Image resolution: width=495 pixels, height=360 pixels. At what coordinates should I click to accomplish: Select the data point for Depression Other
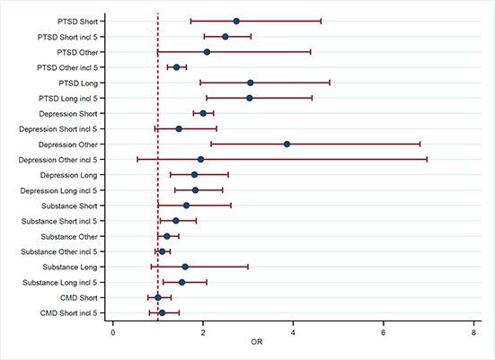[x=287, y=144]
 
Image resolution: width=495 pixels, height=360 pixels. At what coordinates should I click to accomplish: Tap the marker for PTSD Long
[x=251, y=83]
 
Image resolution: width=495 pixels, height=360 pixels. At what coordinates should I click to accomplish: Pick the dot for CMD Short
[x=158, y=297]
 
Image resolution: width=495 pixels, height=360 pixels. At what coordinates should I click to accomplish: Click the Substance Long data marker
[x=185, y=267]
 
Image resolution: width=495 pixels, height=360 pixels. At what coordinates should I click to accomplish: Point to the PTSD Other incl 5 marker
[x=176, y=67]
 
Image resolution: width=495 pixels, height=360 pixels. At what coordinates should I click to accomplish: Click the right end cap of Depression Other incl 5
[x=427, y=159]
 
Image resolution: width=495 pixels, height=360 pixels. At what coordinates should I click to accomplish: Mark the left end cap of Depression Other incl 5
[x=137, y=159]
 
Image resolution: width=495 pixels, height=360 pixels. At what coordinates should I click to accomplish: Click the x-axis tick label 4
[x=293, y=332]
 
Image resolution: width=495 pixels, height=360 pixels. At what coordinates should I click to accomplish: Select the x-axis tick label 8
[x=473, y=332]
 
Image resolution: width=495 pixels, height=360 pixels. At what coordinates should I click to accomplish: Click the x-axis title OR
[x=293, y=346]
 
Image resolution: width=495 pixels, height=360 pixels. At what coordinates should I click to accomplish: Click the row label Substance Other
[x=72, y=236]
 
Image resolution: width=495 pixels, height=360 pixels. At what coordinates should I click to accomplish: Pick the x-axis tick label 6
[x=383, y=332]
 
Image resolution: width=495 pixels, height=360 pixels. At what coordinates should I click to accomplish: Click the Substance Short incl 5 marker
[x=176, y=221]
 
